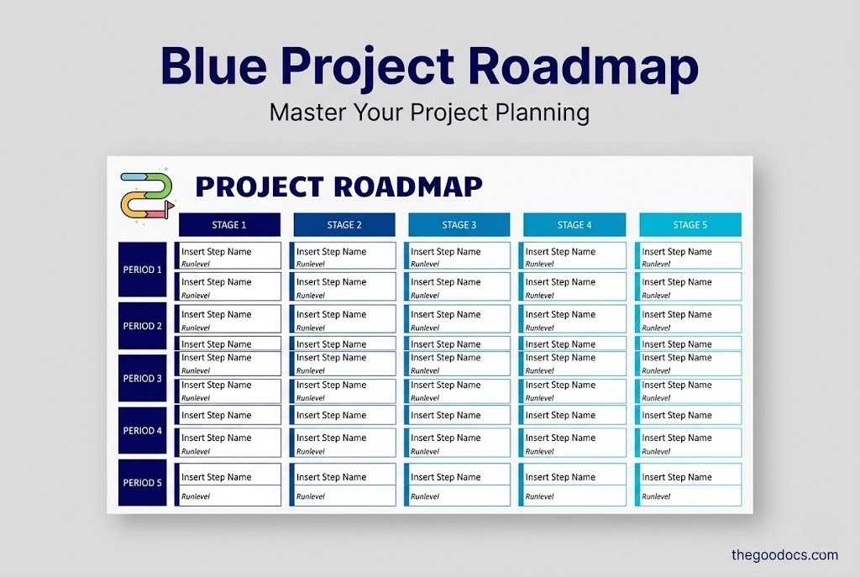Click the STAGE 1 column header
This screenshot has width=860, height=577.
(x=229, y=225)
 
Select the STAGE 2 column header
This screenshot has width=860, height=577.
(x=344, y=225)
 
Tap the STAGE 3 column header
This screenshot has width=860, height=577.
(x=459, y=225)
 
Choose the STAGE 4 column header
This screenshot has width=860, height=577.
(x=574, y=225)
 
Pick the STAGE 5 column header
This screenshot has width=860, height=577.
(x=690, y=225)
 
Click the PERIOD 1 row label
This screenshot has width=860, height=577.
(x=143, y=270)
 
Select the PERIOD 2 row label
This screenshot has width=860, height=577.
(x=143, y=326)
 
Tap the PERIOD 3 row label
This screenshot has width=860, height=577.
(x=143, y=378)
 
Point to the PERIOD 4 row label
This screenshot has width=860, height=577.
(x=143, y=430)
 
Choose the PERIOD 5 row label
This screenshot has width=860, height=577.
(x=143, y=483)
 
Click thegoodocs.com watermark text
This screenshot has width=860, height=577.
(x=784, y=554)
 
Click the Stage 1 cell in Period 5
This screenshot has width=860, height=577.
(x=228, y=485)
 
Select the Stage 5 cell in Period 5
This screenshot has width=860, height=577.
(x=690, y=485)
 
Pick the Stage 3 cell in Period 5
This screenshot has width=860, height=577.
(x=458, y=485)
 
